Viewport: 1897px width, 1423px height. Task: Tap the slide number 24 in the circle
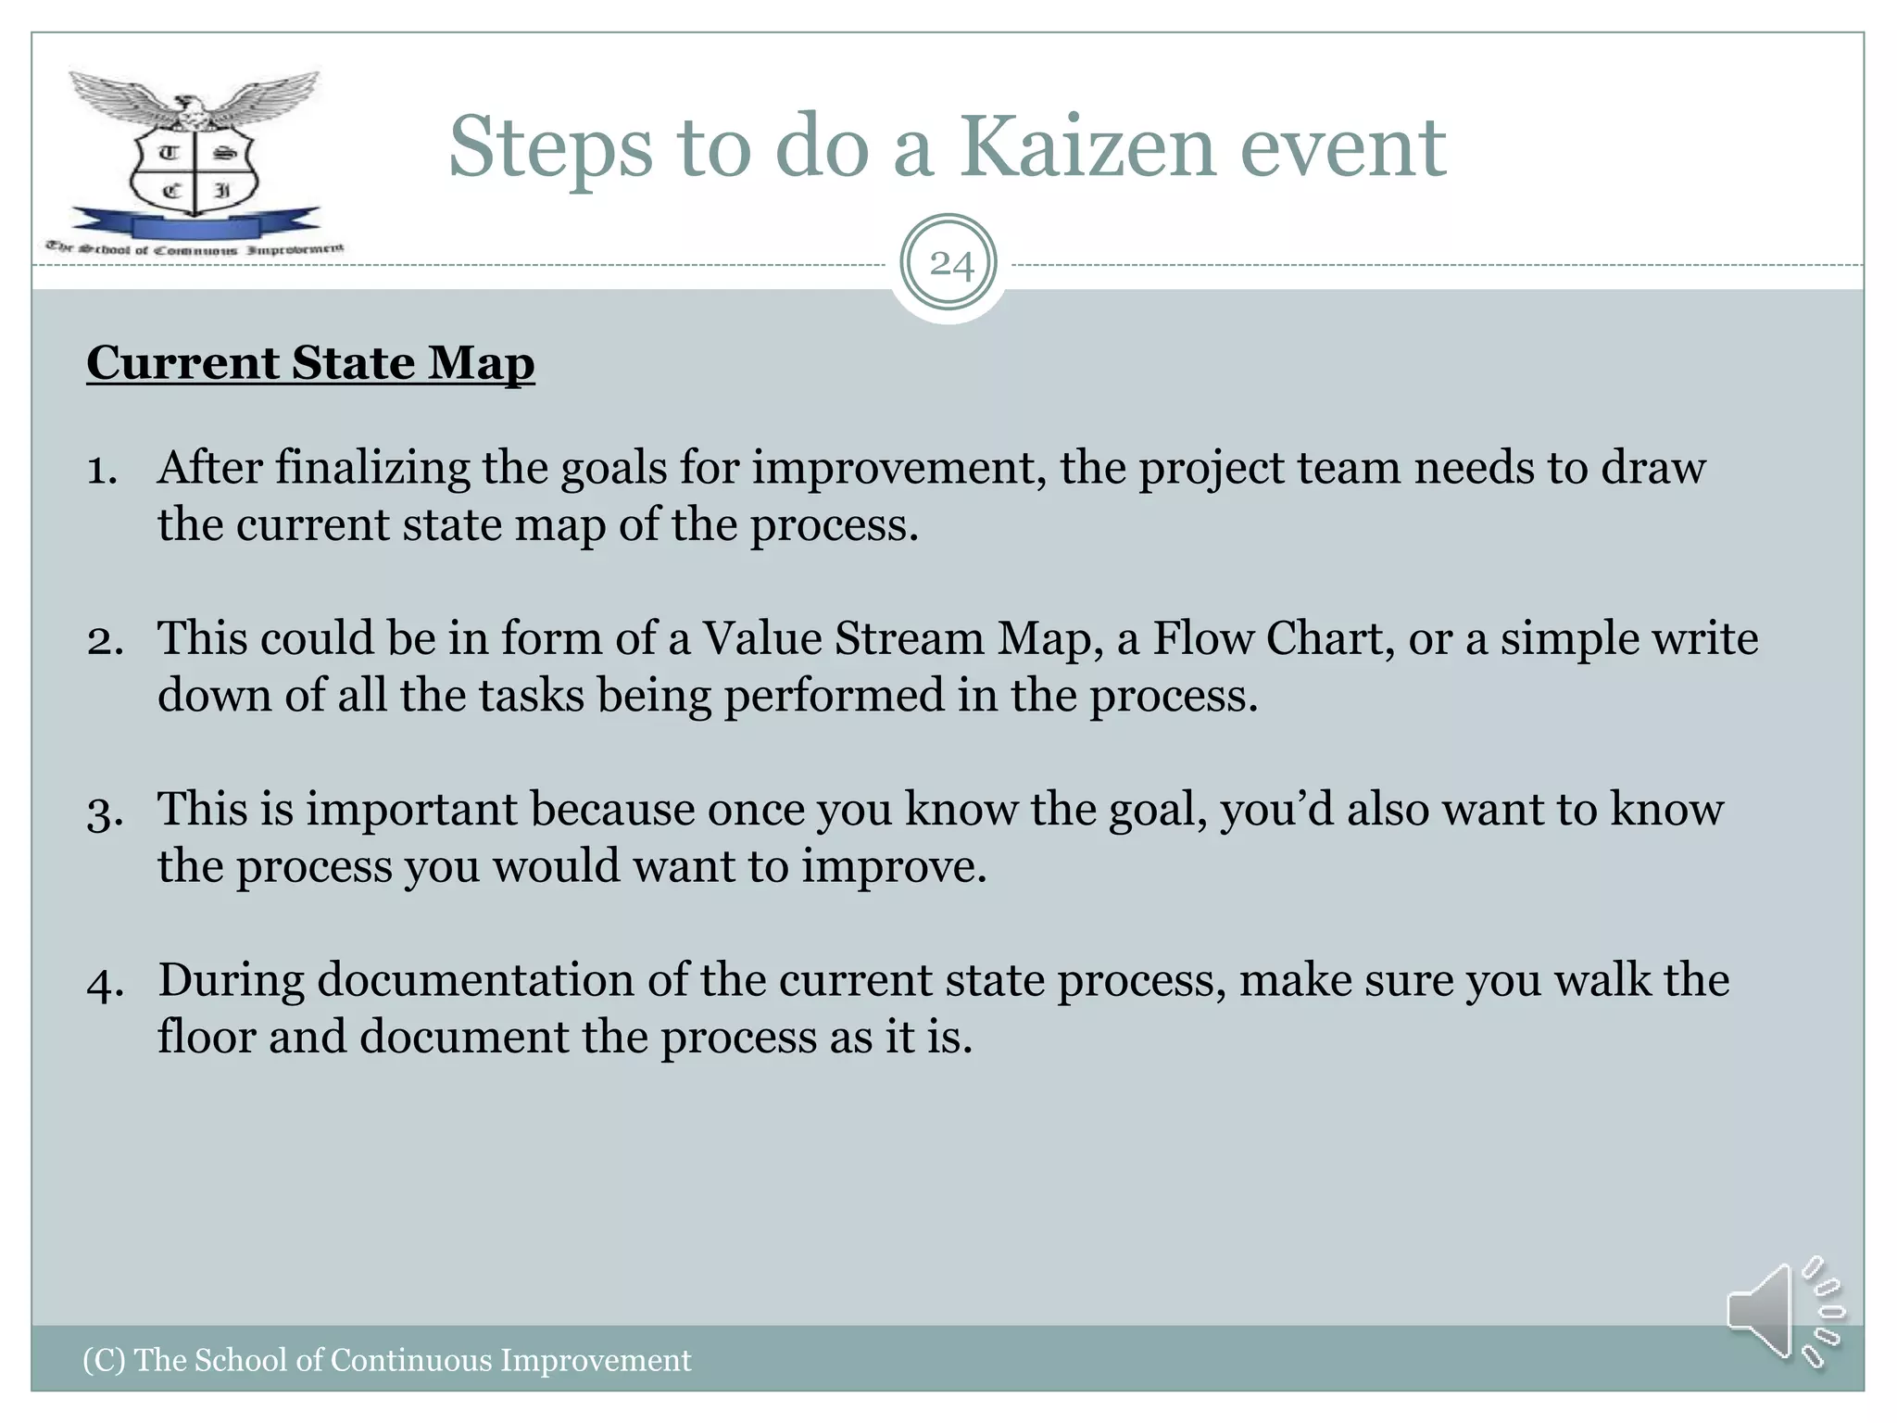950,265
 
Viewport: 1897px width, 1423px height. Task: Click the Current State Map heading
310,362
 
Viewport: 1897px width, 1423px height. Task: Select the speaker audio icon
1782,1311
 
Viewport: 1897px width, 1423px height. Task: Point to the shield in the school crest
194,171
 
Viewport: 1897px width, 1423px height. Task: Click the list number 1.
102,470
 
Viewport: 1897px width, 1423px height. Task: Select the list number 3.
105,812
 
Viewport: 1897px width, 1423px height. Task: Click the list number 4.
105,983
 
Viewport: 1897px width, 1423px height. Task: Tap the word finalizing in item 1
372,468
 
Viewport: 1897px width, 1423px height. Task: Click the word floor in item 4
206,1037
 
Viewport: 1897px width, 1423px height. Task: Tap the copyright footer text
386,1360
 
